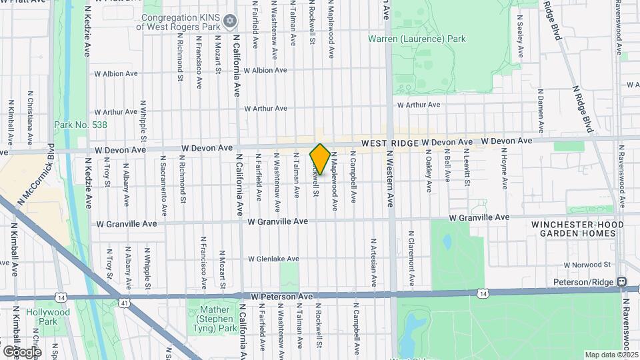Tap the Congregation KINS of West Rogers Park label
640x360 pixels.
(x=181, y=22)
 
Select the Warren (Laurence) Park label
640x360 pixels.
(x=417, y=39)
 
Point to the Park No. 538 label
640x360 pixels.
(x=81, y=125)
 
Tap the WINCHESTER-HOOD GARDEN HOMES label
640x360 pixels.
(x=577, y=229)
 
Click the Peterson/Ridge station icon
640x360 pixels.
(x=622, y=282)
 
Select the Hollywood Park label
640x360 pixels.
(x=48, y=317)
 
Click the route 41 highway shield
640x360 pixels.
(x=125, y=303)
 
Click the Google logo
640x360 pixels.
(x=22, y=351)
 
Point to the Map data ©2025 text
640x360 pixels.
(x=610, y=355)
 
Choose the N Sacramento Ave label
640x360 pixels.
(x=162, y=180)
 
